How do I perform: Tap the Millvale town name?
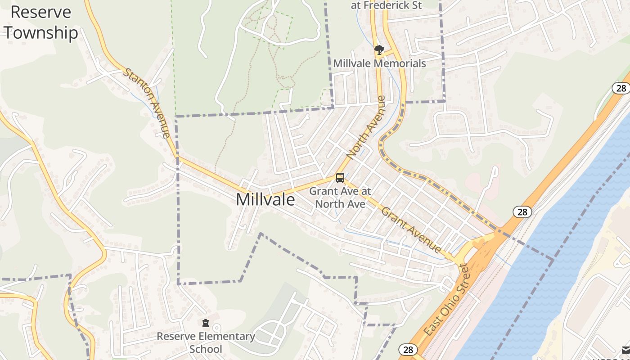(x=265, y=199)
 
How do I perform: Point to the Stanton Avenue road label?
(x=147, y=103)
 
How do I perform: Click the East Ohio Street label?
(x=447, y=300)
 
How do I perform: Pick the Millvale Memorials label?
(x=379, y=63)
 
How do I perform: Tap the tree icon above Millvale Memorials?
(x=379, y=49)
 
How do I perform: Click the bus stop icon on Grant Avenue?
(x=340, y=178)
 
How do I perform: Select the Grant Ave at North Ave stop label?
(x=340, y=198)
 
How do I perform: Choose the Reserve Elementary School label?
(x=206, y=342)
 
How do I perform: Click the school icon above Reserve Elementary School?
(x=206, y=323)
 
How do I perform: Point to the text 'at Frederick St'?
(x=387, y=6)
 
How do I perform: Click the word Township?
(x=41, y=33)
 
